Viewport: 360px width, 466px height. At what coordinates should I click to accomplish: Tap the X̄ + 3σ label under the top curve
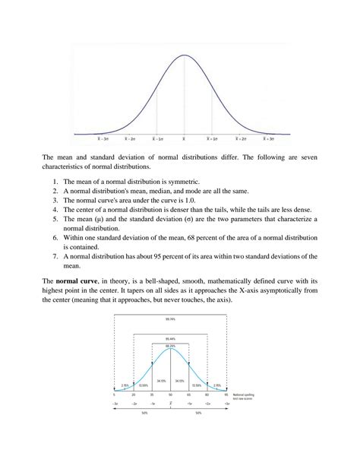(x=269, y=139)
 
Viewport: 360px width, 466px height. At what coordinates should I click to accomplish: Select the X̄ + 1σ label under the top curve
(x=213, y=139)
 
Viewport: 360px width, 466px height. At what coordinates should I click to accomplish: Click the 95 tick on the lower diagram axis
(x=226, y=395)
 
